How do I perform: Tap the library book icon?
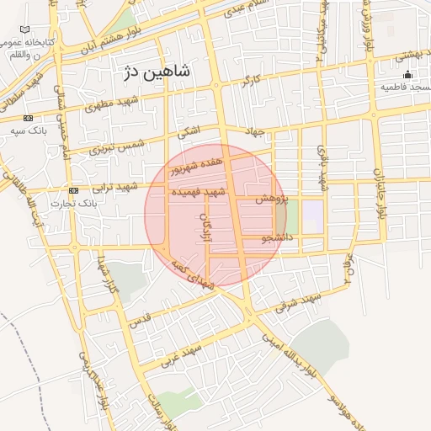pyautogui.click(x=24, y=29)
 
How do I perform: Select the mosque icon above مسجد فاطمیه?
pyautogui.click(x=407, y=74)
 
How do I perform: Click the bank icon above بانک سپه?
pyautogui.click(x=29, y=118)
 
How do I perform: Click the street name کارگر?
pyautogui.click(x=250, y=83)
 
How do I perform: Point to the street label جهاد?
pyautogui.click(x=254, y=133)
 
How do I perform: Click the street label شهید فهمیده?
pyautogui.click(x=200, y=193)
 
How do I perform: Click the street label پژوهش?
pyautogui.click(x=272, y=199)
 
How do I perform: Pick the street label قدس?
pyautogui.click(x=140, y=319)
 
